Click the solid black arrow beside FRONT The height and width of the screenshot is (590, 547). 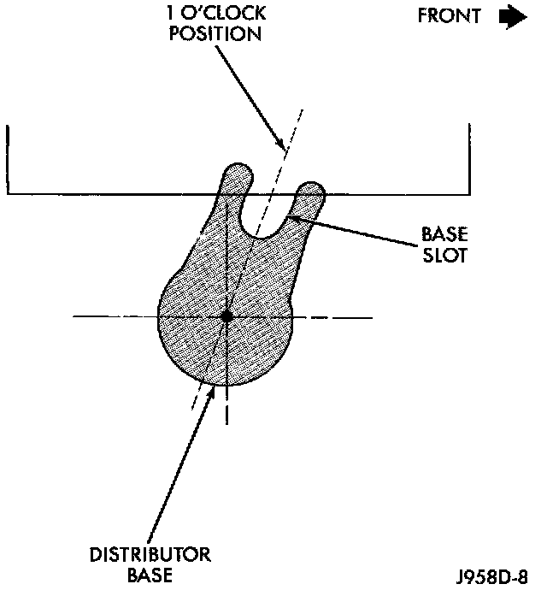point(513,16)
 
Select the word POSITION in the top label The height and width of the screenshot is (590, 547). point(215,35)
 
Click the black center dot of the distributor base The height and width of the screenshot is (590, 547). point(226,317)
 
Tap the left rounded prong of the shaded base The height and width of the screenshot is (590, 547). point(237,178)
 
